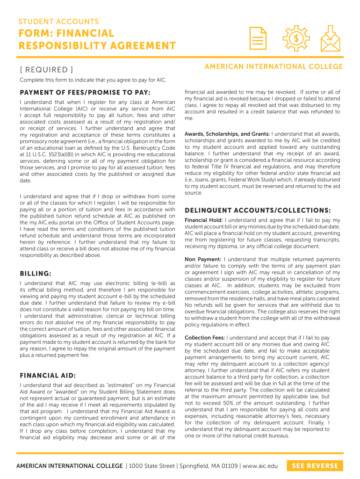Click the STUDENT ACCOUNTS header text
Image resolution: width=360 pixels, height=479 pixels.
pyautogui.click(x=58, y=22)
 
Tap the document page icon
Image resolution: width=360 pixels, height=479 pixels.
pyautogui.click(x=258, y=39)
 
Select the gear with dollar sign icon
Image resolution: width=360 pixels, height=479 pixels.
pyautogui.click(x=295, y=39)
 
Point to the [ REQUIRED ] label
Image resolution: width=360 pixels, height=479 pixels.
pyautogui.click(x=46, y=70)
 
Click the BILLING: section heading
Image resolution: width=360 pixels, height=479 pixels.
pyautogui.click(x=36, y=273)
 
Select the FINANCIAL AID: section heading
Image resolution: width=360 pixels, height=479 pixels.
pyautogui.click(x=48, y=375)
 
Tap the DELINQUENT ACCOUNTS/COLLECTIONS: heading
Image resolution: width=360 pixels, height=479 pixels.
pyautogui.click(x=258, y=210)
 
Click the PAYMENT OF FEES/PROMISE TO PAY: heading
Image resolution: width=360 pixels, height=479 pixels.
pyautogui.click(x=85, y=93)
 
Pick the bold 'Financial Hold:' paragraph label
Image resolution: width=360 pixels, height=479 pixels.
pyautogui.click(x=204, y=220)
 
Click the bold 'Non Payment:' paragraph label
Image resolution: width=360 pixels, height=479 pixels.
pyautogui.click(x=203, y=259)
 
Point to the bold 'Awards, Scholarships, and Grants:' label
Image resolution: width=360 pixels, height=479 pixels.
pyautogui.click(x=227, y=134)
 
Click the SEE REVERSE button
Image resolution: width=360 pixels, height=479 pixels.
pyautogui.click(x=315, y=466)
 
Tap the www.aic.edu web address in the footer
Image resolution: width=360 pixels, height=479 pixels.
pyautogui.click(x=260, y=466)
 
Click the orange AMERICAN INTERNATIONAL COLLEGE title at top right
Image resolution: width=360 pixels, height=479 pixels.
pyautogui.click(x=274, y=66)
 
